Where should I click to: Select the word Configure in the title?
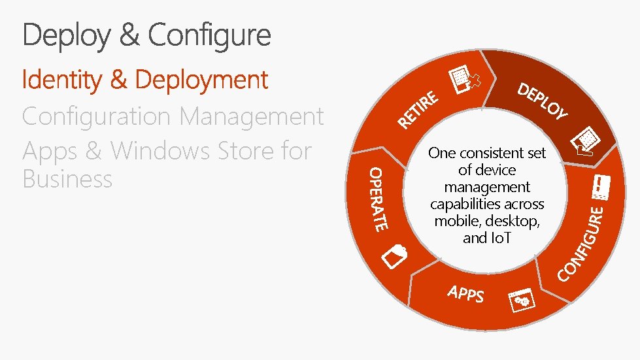209,35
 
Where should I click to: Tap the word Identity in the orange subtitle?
62,80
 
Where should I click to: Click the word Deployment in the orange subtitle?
201,80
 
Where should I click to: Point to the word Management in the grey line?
250,117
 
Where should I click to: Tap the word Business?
67,179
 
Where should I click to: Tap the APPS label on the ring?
466,294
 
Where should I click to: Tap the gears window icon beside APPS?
523,299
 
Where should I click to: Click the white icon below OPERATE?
394,255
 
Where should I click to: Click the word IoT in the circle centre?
499,238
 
